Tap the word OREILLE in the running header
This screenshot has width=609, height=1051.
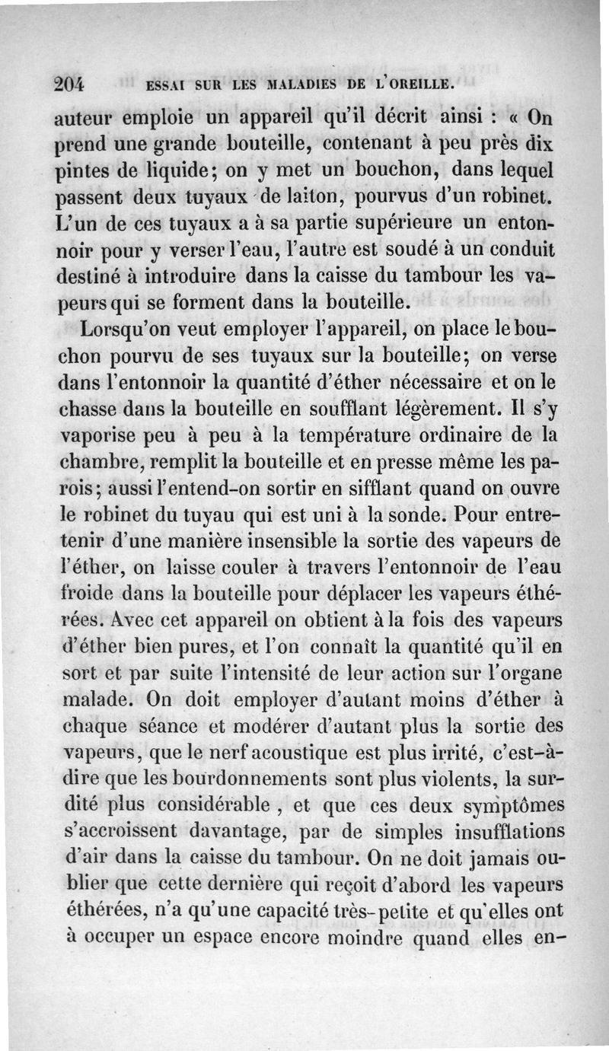[410, 84]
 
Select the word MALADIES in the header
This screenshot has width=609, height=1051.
[292, 84]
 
